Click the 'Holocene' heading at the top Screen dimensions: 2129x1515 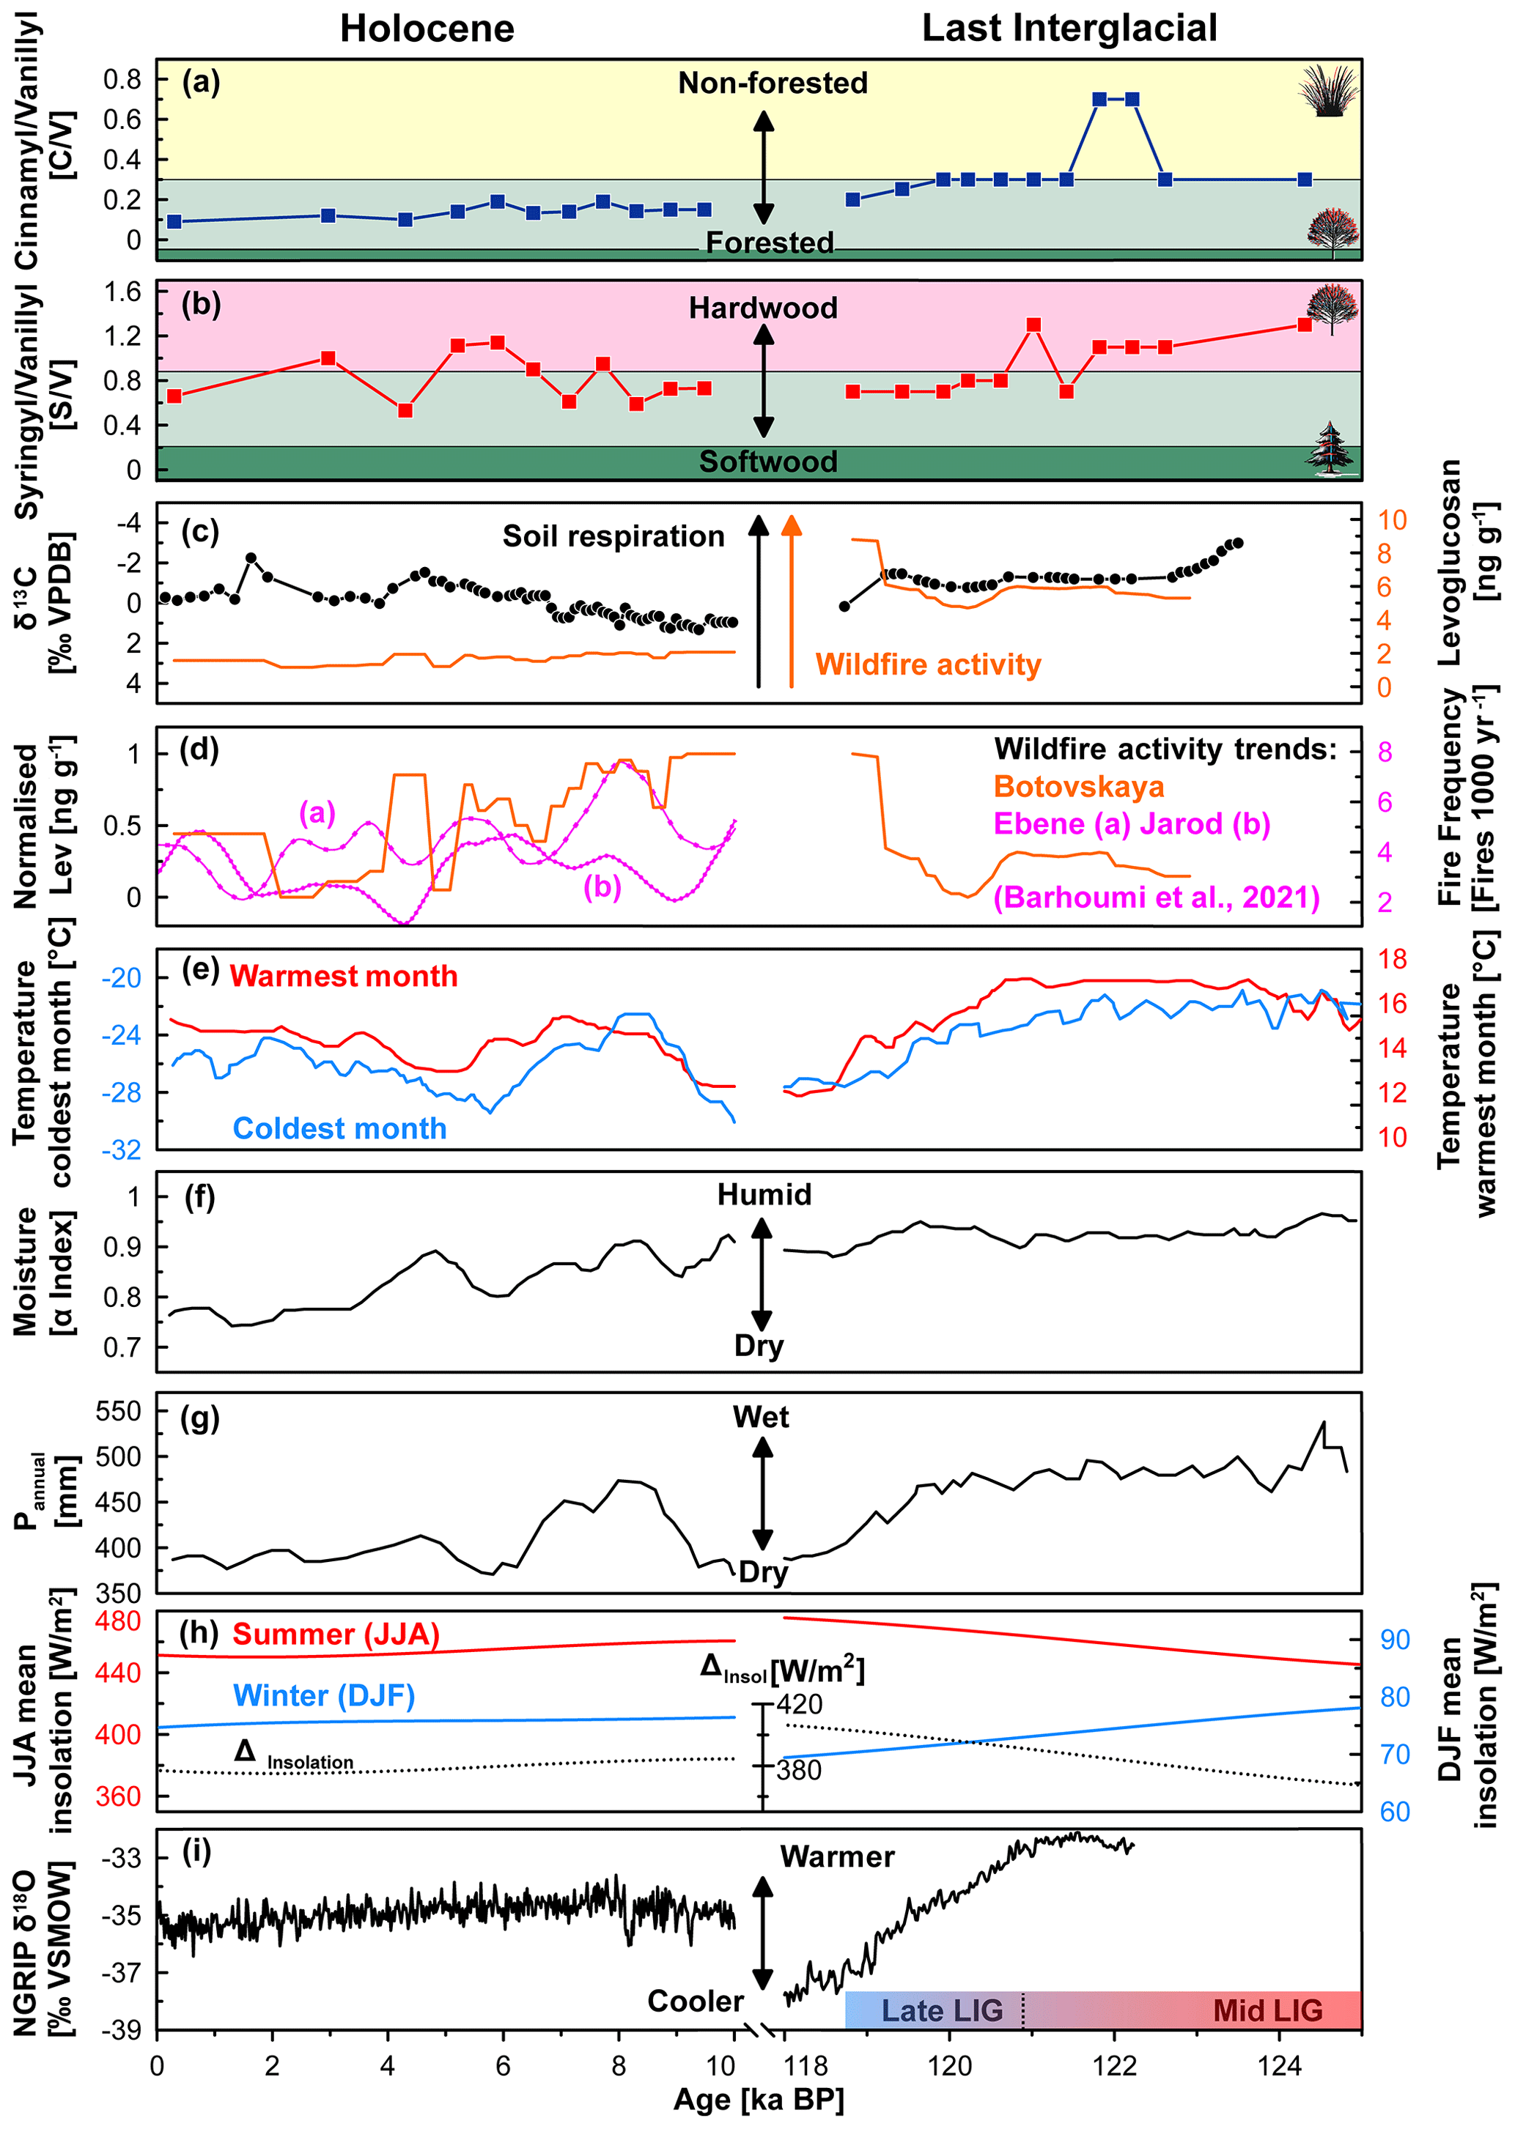coord(427,29)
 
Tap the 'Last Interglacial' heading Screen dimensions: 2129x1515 coord(1069,28)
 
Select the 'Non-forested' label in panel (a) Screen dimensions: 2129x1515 coord(773,83)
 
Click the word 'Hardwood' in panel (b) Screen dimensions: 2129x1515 coord(763,308)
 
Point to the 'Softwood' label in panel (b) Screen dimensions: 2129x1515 coord(768,462)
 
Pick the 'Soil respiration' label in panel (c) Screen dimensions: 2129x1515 coord(613,536)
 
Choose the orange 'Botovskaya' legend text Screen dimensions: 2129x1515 coord(1078,786)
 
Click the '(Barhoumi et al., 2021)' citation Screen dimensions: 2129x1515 coord(1156,897)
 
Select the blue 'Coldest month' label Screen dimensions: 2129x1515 coord(339,1128)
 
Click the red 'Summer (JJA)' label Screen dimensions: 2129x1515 coord(336,1634)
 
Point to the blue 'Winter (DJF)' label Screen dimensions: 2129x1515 coord(324,1695)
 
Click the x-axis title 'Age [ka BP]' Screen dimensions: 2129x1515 coord(759,2099)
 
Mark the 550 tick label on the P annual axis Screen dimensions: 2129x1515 coord(119,1411)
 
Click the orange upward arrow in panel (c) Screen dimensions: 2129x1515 coord(791,601)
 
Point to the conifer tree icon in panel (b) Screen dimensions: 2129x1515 coord(1330,448)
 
